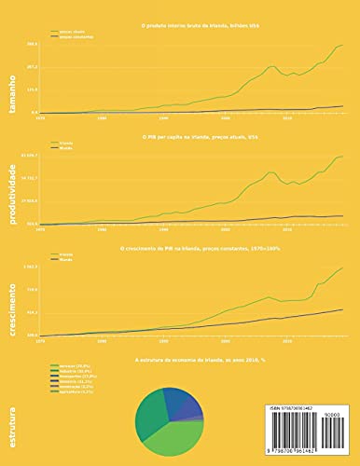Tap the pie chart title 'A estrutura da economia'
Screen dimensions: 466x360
click(186, 358)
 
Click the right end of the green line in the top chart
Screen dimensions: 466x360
click(343, 45)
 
